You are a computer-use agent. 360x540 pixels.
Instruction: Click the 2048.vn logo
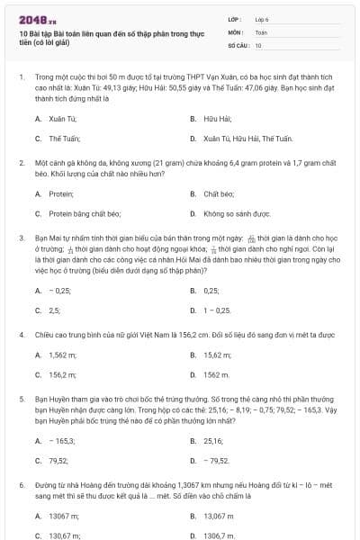31,17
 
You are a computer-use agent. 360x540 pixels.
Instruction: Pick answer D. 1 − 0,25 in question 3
212,310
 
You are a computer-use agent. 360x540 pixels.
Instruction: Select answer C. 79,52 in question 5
51,461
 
